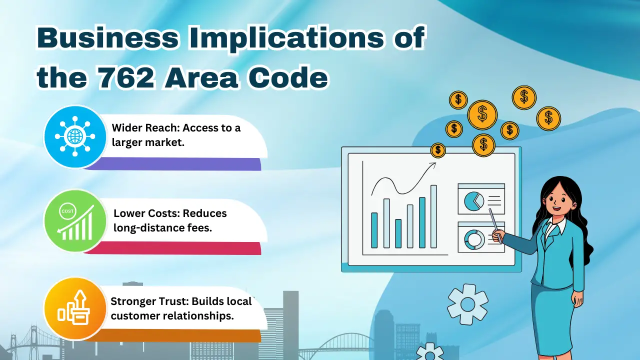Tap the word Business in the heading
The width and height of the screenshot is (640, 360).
click(x=107, y=37)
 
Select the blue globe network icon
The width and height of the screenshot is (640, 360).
click(x=75, y=136)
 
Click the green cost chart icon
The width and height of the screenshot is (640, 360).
click(x=75, y=221)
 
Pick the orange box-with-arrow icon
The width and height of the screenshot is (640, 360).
click(x=75, y=308)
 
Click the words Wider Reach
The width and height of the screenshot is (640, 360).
click(x=145, y=127)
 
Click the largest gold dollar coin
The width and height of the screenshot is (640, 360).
click(x=482, y=114)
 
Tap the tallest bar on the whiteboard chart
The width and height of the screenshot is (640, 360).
click(x=433, y=216)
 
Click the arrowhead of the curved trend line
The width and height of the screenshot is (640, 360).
click(x=432, y=165)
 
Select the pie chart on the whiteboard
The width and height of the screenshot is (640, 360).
click(x=474, y=201)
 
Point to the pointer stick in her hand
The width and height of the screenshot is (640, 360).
click(x=495, y=226)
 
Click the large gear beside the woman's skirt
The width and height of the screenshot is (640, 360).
click(x=467, y=304)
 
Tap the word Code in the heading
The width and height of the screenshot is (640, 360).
click(x=288, y=77)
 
